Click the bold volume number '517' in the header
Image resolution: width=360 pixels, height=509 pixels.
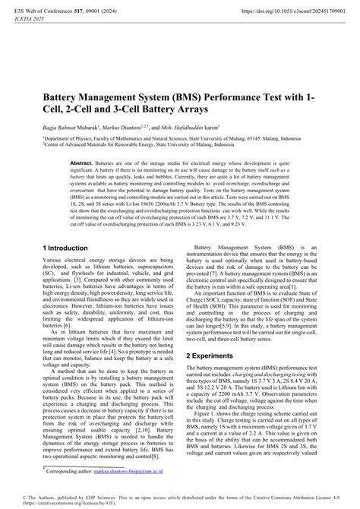[x=90, y=11]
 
